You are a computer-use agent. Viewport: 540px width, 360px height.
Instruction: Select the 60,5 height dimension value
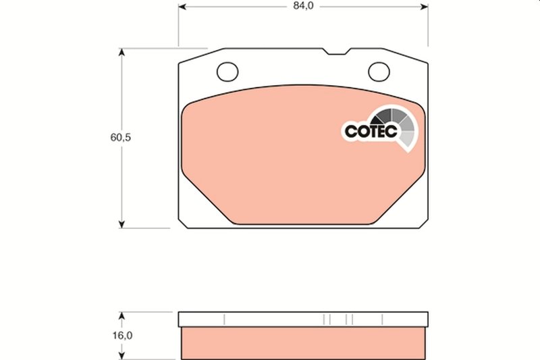pyautogui.click(x=121, y=137)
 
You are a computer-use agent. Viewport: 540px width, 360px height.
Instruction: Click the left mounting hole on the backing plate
pyautogui.click(x=228, y=70)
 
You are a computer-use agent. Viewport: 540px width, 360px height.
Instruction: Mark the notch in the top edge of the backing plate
pyautogui.click(x=335, y=51)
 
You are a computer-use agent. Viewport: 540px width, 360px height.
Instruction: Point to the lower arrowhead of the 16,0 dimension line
pyautogui.click(x=122, y=356)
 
